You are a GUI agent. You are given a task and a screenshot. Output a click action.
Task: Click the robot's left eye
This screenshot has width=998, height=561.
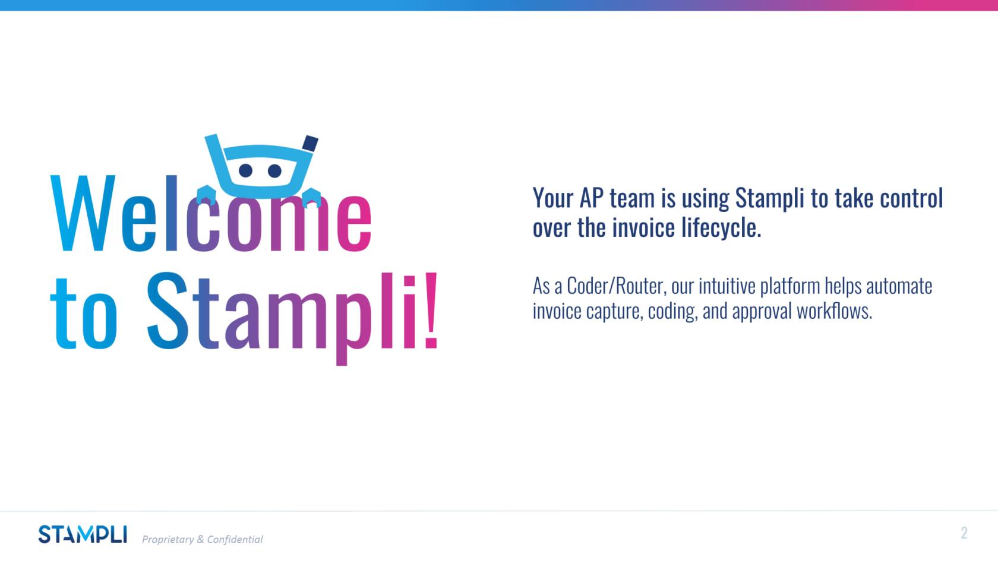[x=246, y=171]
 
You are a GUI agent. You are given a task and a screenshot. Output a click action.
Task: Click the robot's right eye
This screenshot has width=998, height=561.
[x=274, y=171]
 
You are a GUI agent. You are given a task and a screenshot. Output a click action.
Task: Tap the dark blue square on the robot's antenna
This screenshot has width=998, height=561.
[x=310, y=143]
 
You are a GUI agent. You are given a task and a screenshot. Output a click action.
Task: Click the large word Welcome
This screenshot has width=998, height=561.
[x=211, y=214]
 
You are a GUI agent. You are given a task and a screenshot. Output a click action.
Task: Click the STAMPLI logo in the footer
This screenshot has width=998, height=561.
[x=83, y=534]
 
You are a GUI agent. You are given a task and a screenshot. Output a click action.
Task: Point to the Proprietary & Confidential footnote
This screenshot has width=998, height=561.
[x=202, y=539]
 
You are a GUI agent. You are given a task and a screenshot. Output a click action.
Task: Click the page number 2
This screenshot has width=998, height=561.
[x=964, y=533]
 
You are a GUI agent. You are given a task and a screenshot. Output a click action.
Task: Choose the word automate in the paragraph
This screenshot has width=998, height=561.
[x=899, y=286]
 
